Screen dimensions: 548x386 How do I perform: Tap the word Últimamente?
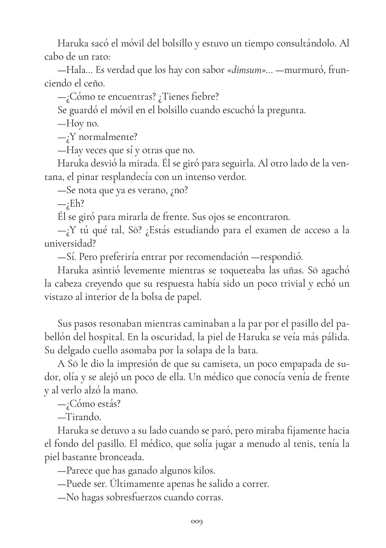(x=140, y=484)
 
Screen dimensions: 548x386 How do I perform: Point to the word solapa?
(x=200, y=350)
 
